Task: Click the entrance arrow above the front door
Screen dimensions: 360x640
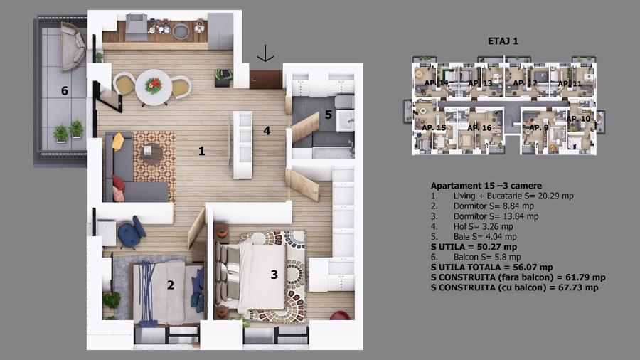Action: [x=265, y=53]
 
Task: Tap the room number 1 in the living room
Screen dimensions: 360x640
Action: [x=202, y=151]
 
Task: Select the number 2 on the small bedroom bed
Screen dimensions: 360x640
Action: [x=171, y=286]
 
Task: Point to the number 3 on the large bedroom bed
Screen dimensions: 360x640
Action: [x=274, y=275]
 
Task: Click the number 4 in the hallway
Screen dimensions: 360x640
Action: [x=267, y=130]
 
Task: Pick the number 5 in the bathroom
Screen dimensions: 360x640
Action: [x=328, y=113]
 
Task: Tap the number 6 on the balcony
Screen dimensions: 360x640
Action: [x=64, y=91]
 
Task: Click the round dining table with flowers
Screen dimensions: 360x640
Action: [x=154, y=85]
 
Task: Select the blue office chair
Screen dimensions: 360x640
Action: [x=132, y=232]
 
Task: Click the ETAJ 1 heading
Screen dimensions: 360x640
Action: [x=504, y=41]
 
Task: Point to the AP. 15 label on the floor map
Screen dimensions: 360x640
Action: [x=435, y=127]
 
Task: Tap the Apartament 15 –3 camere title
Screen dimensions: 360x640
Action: [x=481, y=186]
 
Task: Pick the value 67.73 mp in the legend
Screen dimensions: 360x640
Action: [x=576, y=288]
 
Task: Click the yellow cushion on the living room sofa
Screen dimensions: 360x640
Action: [x=118, y=142]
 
